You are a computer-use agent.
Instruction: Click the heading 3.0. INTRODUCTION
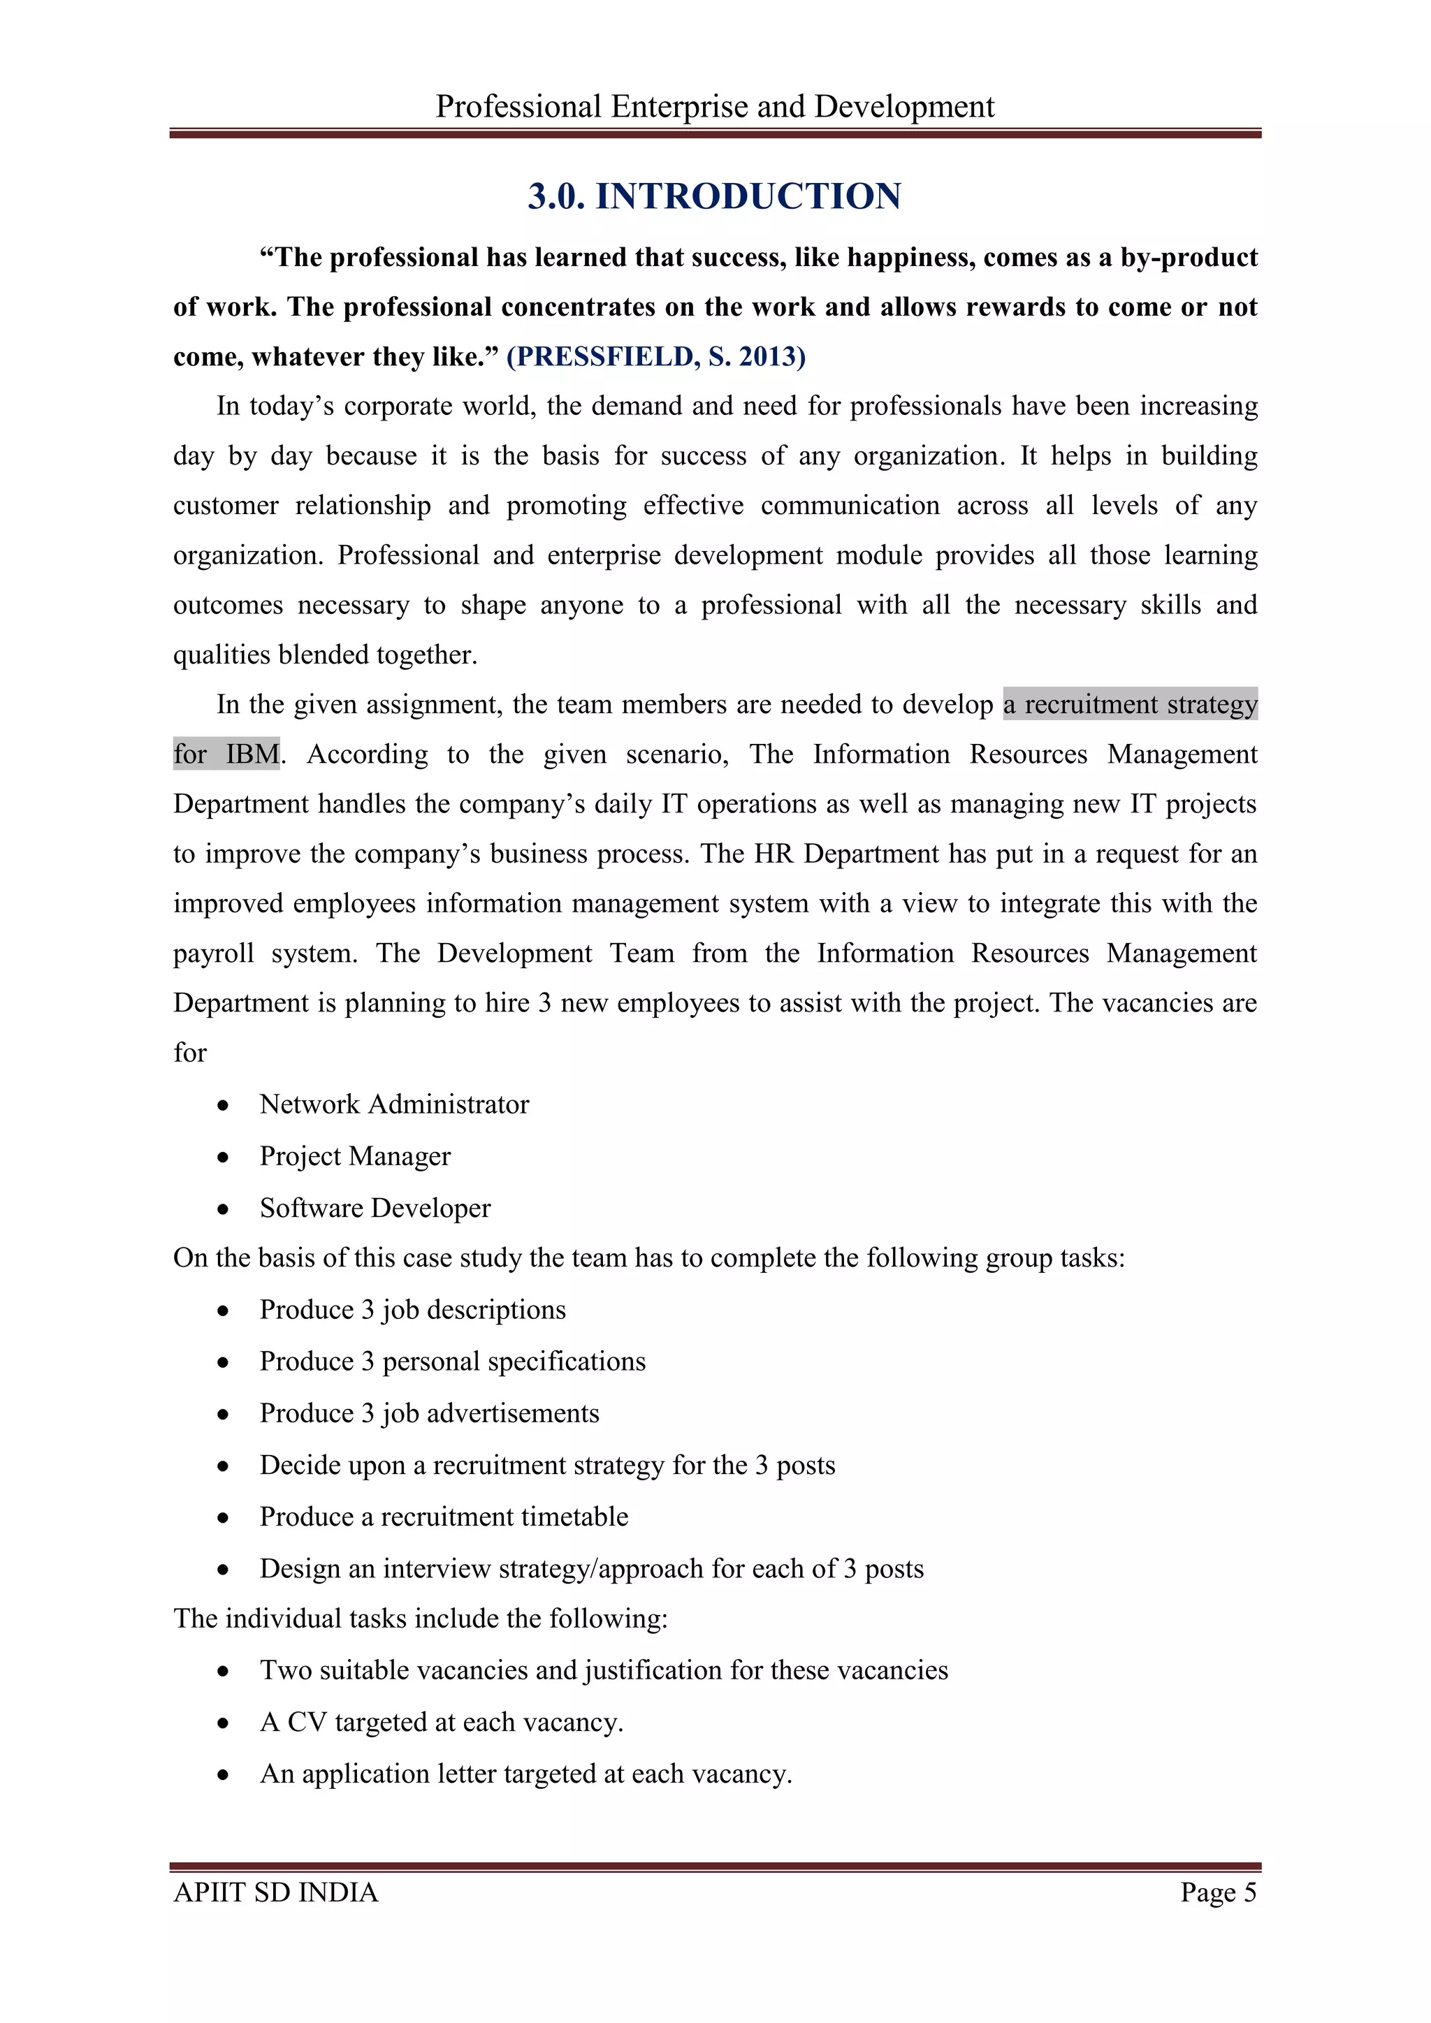pos(715,196)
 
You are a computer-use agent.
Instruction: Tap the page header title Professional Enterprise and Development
pos(715,107)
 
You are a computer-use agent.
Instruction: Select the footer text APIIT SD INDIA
pos(276,1892)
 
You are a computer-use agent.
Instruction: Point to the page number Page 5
pos(1218,1892)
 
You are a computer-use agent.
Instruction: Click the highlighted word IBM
pos(252,754)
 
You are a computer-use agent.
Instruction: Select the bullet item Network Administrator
pos(394,1104)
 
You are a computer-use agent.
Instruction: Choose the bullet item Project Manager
pos(354,1156)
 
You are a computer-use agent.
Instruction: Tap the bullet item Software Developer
pos(375,1208)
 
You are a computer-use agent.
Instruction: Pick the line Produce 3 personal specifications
pos(452,1361)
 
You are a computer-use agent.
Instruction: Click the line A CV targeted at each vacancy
pos(441,1722)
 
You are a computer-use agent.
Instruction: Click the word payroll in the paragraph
pos(213,954)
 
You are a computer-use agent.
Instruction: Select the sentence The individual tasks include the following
pos(421,1619)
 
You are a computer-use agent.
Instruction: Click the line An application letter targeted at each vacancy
pos(525,1774)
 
